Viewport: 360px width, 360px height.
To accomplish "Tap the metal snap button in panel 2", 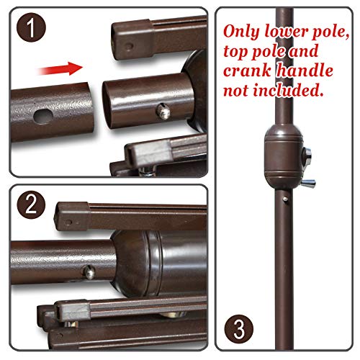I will coord(90,272).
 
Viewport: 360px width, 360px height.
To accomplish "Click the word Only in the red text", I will coord(242,32).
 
